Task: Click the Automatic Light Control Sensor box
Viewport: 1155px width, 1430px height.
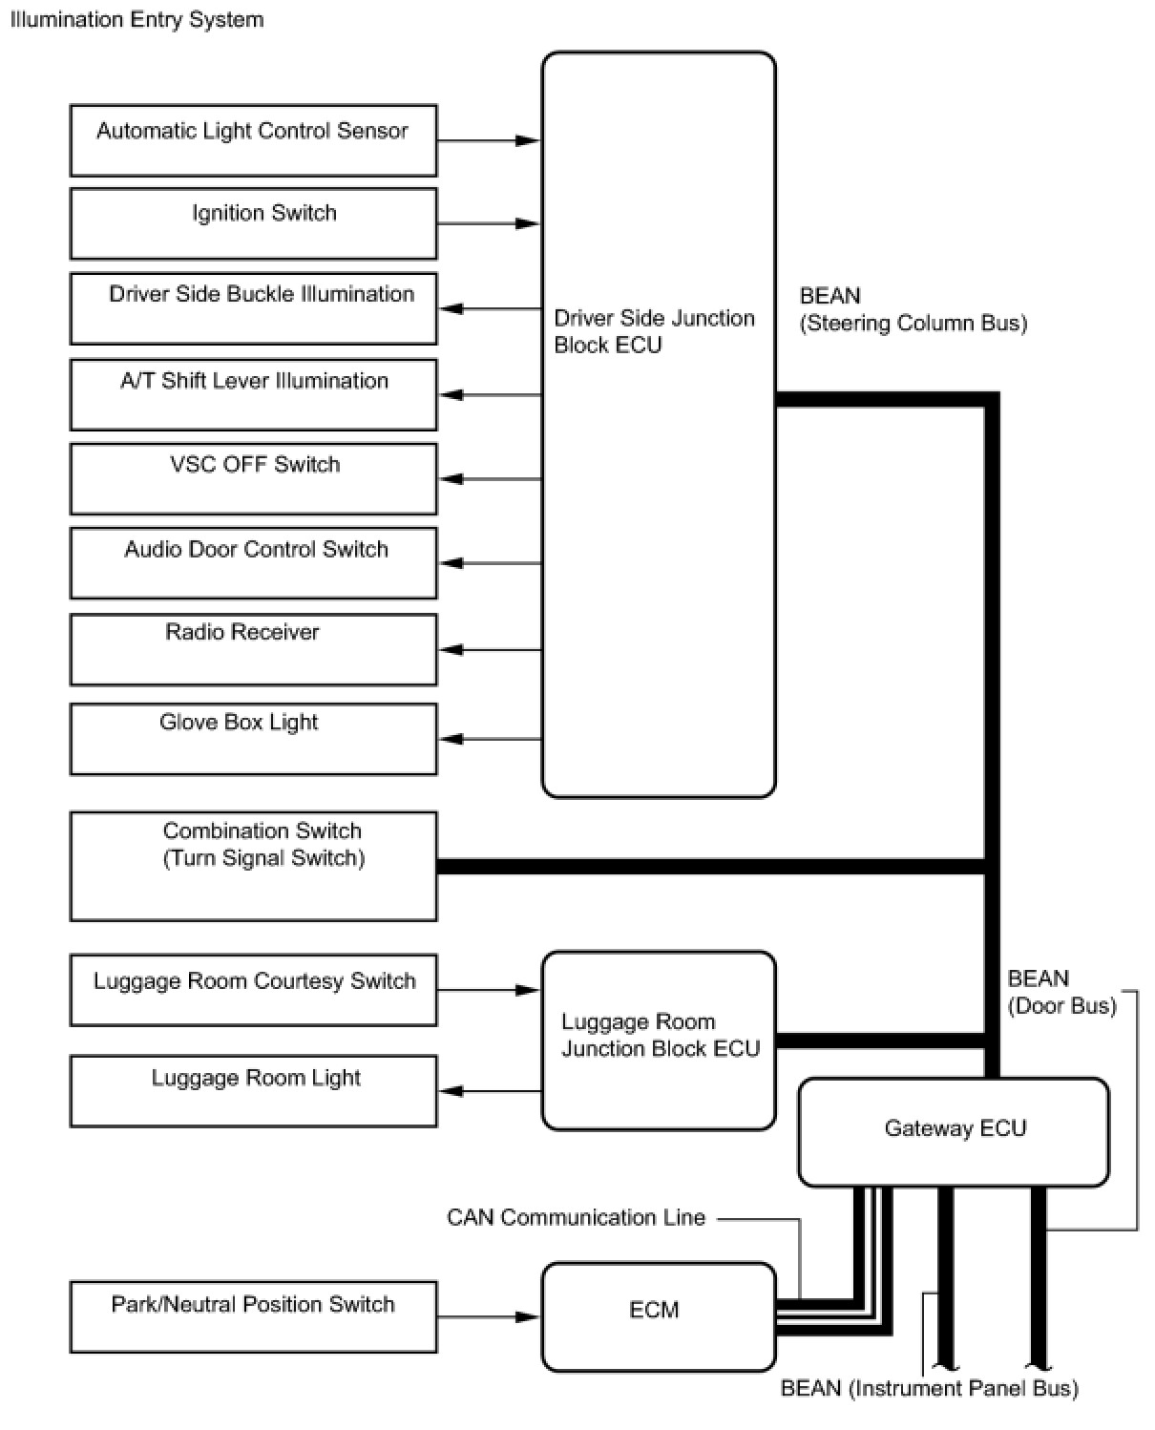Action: coord(253,140)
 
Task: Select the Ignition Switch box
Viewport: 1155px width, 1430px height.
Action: coord(253,223)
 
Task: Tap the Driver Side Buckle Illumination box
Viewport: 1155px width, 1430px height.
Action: coord(253,308)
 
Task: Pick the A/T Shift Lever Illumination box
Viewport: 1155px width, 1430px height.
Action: coord(253,394)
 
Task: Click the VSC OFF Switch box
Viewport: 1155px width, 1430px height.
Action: coord(253,478)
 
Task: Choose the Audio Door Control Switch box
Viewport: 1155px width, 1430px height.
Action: coord(253,562)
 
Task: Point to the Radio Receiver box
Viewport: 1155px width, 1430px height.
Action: coord(253,649)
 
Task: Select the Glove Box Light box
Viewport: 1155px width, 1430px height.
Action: coord(253,739)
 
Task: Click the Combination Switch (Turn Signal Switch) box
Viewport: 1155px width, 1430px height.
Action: coord(253,866)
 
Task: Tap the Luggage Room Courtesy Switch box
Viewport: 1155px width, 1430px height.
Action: coord(253,990)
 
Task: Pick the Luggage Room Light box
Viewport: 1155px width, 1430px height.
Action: coord(253,1090)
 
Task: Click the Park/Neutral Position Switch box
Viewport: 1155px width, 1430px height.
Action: coord(253,1316)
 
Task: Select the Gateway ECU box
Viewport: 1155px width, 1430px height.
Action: coord(954,1131)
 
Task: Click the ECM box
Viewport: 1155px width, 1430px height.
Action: coord(658,1316)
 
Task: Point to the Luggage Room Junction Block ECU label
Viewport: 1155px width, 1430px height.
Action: coord(660,1036)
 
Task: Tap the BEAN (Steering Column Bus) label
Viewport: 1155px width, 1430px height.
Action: coord(913,309)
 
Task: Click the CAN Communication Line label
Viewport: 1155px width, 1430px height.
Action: coord(576,1217)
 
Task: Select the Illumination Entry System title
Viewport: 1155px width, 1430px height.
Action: coord(136,19)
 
